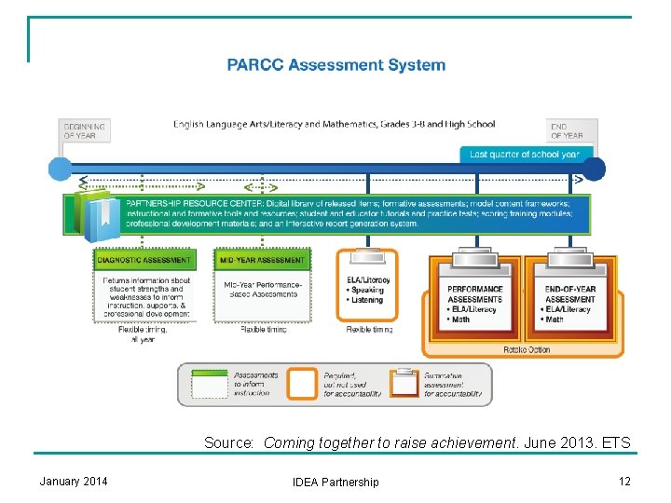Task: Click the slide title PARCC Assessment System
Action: (x=336, y=65)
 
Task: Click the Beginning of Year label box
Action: (x=84, y=130)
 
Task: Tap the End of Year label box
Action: (x=572, y=130)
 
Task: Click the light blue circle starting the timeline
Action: (x=60, y=169)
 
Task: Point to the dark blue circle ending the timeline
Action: (x=594, y=169)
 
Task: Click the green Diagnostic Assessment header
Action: (x=144, y=260)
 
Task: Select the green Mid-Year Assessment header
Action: (x=261, y=260)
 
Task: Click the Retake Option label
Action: (x=527, y=350)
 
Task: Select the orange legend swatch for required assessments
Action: (x=301, y=383)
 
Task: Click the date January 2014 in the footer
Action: (x=74, y=481)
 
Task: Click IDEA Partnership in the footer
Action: (x=335, y=482)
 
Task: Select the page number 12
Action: (x=623, y=481)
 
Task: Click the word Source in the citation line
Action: (x=228, y=443)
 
